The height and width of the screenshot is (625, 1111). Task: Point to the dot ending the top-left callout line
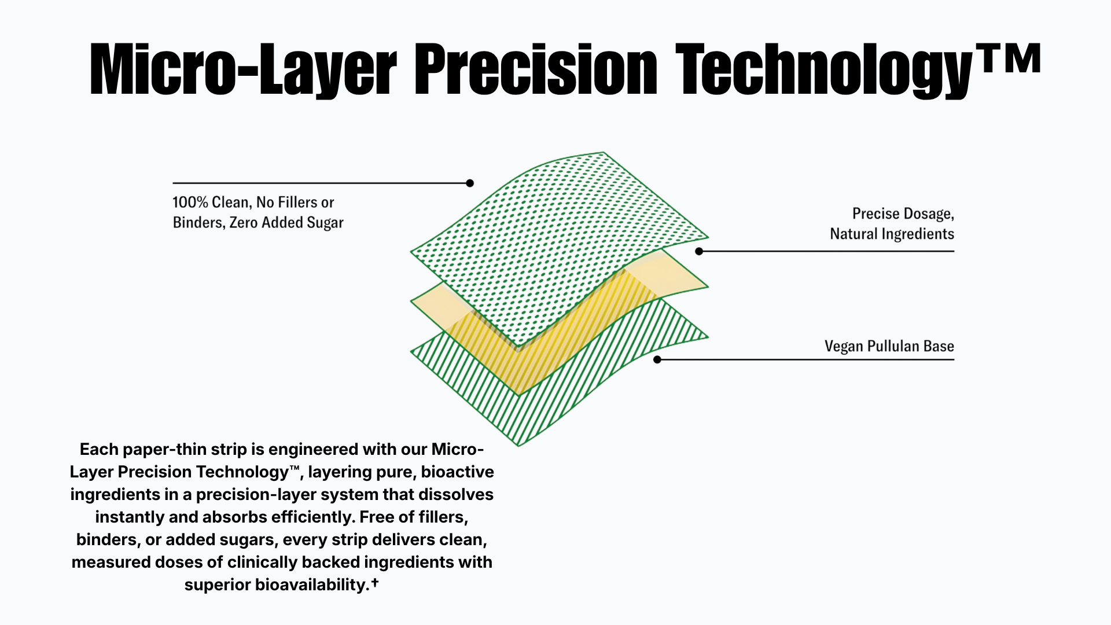click(470, 183)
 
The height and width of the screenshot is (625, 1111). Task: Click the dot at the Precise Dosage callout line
click(699, 251)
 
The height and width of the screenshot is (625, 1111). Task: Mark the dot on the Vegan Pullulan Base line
click(657, 359)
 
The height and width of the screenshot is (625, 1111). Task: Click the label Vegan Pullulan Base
click(889, 346)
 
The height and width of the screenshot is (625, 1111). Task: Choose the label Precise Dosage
click(903, 214)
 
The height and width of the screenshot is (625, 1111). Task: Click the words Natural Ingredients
click(892, 234)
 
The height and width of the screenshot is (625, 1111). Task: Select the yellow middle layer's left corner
click(411, 301)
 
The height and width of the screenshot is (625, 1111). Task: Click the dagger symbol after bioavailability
click(375, 582)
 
